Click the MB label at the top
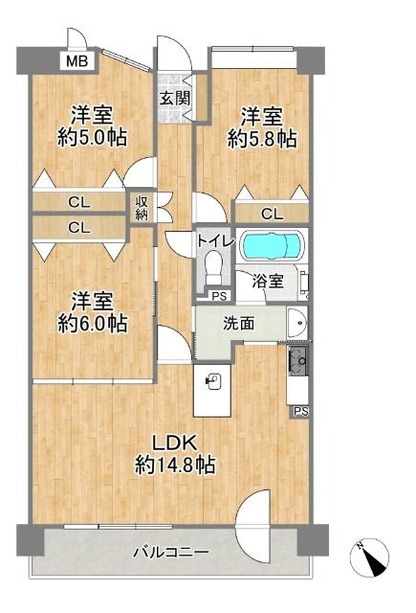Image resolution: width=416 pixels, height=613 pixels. tap(73, 62)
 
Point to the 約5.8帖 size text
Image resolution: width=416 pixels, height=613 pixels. tap(261, 139)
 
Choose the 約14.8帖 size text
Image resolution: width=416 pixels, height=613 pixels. tap(175, 465)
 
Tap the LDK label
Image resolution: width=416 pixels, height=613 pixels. tap(175, 443)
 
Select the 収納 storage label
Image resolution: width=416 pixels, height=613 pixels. tap(142, 207)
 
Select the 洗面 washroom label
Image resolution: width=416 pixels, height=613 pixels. tap(240, 324)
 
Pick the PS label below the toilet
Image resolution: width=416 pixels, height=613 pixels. tap(219, 296)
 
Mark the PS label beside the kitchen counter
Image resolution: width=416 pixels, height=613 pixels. tap(301, 412)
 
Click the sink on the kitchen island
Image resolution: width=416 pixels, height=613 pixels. tap(212, 380)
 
